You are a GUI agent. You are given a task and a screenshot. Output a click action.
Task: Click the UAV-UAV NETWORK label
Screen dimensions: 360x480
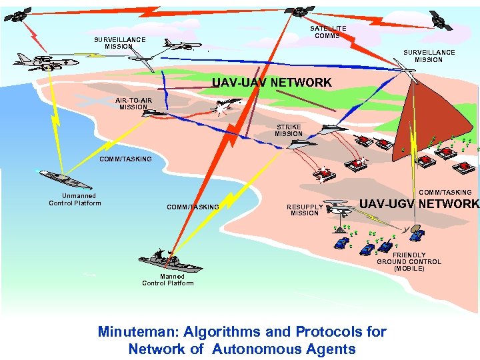(x=271, y=83)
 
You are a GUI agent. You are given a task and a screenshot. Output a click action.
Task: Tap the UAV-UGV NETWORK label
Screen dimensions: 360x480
(x=419, y=204)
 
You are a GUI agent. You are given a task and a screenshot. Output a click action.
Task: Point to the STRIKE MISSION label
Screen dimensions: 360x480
(x=289, y=130)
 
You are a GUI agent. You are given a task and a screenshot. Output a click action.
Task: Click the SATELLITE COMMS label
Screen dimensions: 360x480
(x=328, y=32)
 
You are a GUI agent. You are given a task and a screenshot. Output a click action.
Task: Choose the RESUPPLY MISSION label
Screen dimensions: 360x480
(x=305, y=210)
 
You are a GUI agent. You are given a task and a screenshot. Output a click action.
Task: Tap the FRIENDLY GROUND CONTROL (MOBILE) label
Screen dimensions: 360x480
(x=409, y=262)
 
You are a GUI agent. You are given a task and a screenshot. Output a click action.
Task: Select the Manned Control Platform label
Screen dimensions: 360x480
(x=168, y=279)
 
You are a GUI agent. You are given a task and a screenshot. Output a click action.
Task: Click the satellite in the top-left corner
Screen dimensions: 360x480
(x=19, y=13)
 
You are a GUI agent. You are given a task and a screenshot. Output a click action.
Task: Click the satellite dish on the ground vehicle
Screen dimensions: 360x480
(x=416, y=234)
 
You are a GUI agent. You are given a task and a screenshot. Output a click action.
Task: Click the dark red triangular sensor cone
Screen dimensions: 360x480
(x=413, y=121)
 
